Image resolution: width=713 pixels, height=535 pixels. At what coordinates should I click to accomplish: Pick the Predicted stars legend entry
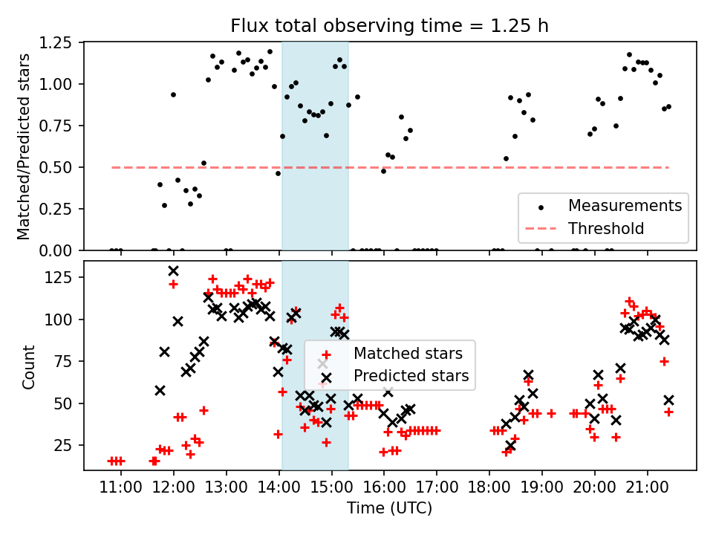pos(411,375)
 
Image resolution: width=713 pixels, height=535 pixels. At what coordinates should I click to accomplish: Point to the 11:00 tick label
pos(121,487)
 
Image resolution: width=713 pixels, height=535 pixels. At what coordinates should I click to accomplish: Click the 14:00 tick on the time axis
pos(279,487)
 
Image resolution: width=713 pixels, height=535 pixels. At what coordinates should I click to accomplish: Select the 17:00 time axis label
pos(437,487)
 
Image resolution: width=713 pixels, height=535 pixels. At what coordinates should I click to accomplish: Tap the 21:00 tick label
pos(647,487)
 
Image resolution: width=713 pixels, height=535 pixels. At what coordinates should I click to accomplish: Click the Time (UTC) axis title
pos(390,509)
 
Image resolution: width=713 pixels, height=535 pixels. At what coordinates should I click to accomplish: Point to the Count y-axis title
pos(28,366)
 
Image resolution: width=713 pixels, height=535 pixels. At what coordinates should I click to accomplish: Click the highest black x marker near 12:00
pos(173,271)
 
